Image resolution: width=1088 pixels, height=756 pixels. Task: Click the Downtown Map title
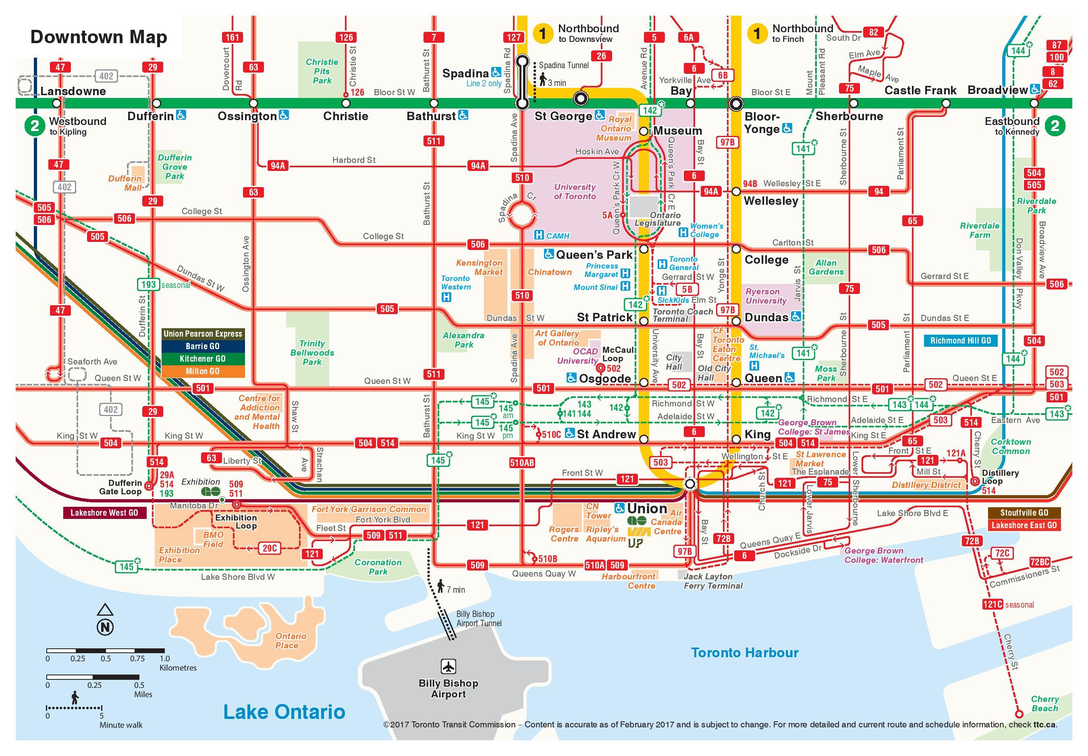click(x=98, y=37)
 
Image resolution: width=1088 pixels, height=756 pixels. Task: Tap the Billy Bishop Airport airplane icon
click(x=448, y=666)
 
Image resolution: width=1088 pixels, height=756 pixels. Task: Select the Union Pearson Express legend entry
click(x=203, y=334)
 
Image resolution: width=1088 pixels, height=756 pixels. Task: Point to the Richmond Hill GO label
click(x=960, y=341)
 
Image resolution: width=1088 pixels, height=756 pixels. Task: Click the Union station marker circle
click(x=690, y=483)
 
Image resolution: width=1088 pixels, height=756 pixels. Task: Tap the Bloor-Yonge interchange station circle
click(x=736, y=103)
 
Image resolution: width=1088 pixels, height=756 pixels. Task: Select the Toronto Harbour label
click(x=744, y=653)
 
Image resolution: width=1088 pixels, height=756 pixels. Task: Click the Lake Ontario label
click(x=284, y=712)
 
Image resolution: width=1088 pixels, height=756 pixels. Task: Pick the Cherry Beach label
click(x=1044, y=704)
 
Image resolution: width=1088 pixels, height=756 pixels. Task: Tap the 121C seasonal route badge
click(x=992, y=604)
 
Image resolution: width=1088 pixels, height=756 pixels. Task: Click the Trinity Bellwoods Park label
click(x=312, y=353)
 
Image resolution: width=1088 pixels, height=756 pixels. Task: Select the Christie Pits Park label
click(x=322, y=71)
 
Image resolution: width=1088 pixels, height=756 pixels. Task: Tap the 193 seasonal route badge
click(x=148, y=284)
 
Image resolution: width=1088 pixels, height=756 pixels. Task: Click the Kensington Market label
click(x=479, y=268)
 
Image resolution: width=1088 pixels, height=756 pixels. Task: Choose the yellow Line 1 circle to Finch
click(x=757, y=33)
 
